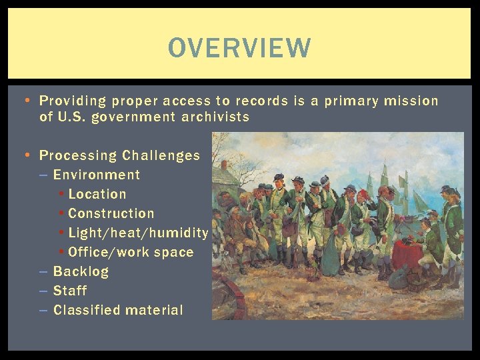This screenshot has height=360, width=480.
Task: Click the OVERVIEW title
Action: click(239, 48)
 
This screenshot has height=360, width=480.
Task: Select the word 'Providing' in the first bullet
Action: click(73, 101)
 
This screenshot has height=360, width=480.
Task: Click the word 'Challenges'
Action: click(161, 155)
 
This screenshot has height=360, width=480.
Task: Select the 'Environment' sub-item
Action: click(97, 175)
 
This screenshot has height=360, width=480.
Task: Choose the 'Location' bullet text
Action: click(97, 194)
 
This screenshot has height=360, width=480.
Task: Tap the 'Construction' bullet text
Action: click(111, 213)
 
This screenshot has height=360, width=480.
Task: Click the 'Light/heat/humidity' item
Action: click(138, 233)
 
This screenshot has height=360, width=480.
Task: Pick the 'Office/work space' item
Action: click(131, 252)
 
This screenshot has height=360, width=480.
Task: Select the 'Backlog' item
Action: click(81, 271)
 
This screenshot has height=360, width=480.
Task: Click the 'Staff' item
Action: click(70, 291)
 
